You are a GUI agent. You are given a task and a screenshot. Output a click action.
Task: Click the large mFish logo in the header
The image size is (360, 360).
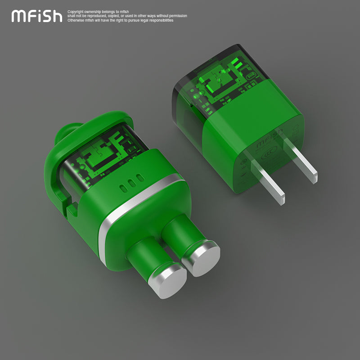37,16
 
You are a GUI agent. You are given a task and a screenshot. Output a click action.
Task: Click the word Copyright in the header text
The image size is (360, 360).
75,12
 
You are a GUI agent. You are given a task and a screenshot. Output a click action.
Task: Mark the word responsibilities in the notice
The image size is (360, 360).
158,20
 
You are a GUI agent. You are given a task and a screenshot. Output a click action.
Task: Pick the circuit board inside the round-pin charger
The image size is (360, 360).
108,153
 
